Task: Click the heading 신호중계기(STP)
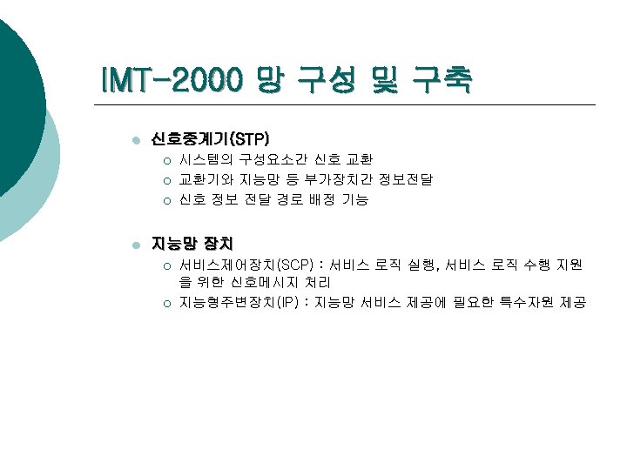coord(210,139)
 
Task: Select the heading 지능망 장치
coord(192,243)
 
